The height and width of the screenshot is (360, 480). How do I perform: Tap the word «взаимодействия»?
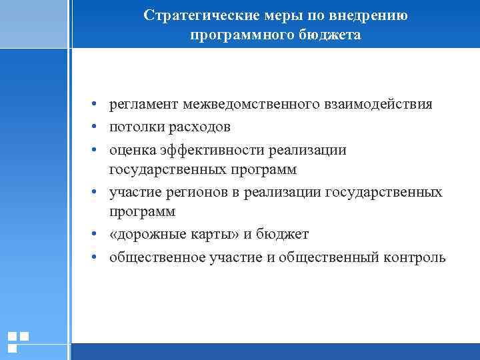pyautogui.click(x=378, y=105)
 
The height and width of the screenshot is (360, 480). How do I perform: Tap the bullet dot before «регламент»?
pyautogui.click(x=96, y=105)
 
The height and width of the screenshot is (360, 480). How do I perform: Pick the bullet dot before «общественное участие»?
pyautogui.click(x=96, y=258)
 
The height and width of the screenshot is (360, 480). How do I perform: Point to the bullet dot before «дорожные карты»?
pyautogui.click(x=96, y=235)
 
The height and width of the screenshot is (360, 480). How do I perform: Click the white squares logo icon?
pyautogui.click(x=18, y=341)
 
